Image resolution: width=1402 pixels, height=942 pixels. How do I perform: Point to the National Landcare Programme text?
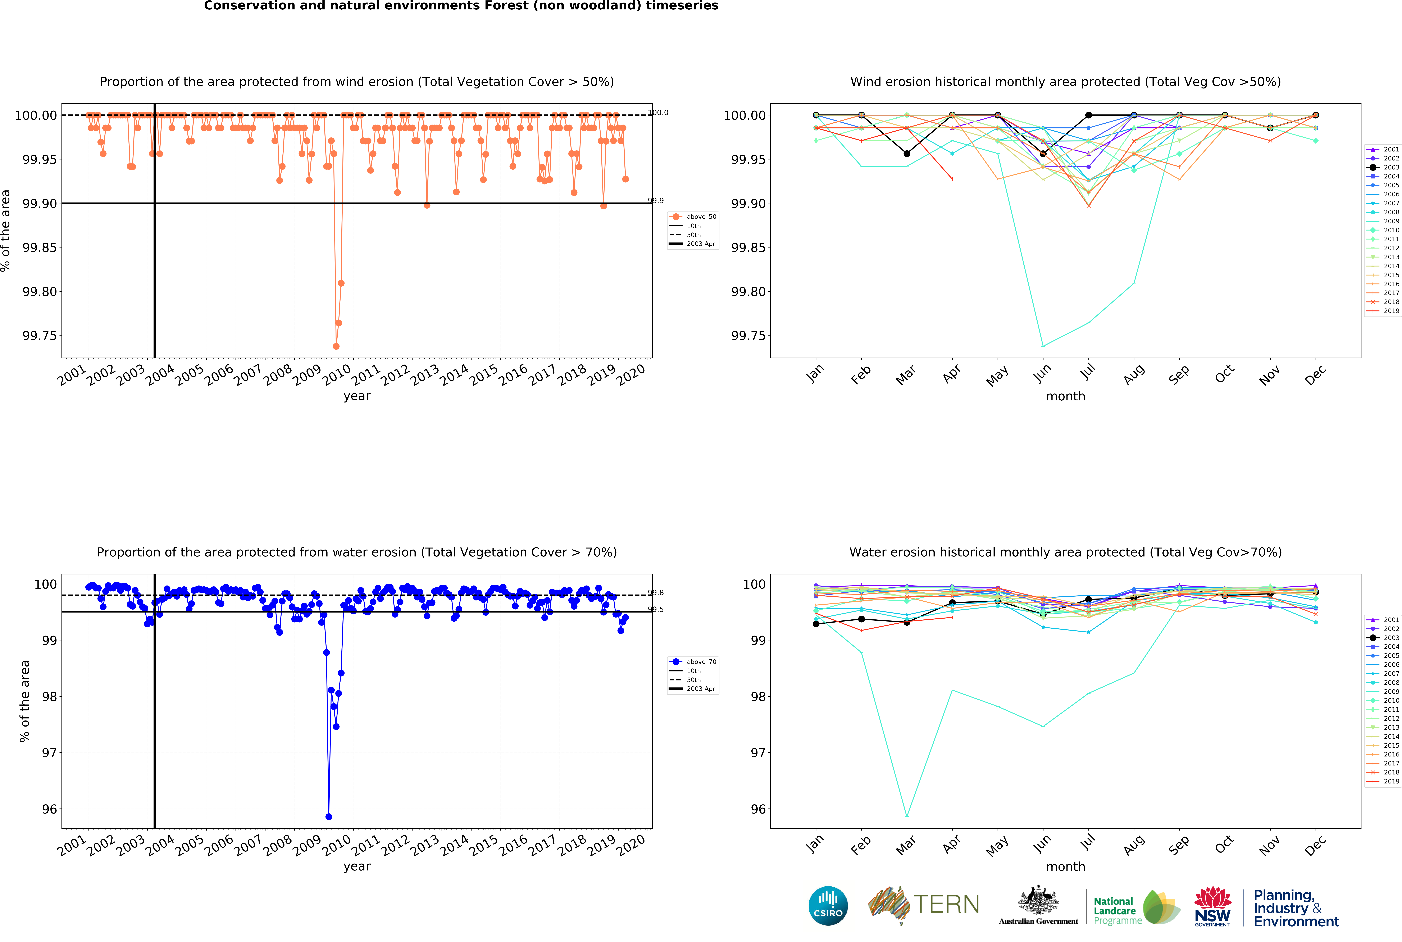tap(1117, 911)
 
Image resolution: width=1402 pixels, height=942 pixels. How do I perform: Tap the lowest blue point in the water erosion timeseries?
tap(329, 816)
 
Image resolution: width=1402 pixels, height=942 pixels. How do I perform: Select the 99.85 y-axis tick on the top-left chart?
tap(39, 247)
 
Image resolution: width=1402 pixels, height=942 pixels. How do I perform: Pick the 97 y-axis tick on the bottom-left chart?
tap(49, 753)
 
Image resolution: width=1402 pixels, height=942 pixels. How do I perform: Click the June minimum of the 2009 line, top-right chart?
tap(1043, 346)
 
